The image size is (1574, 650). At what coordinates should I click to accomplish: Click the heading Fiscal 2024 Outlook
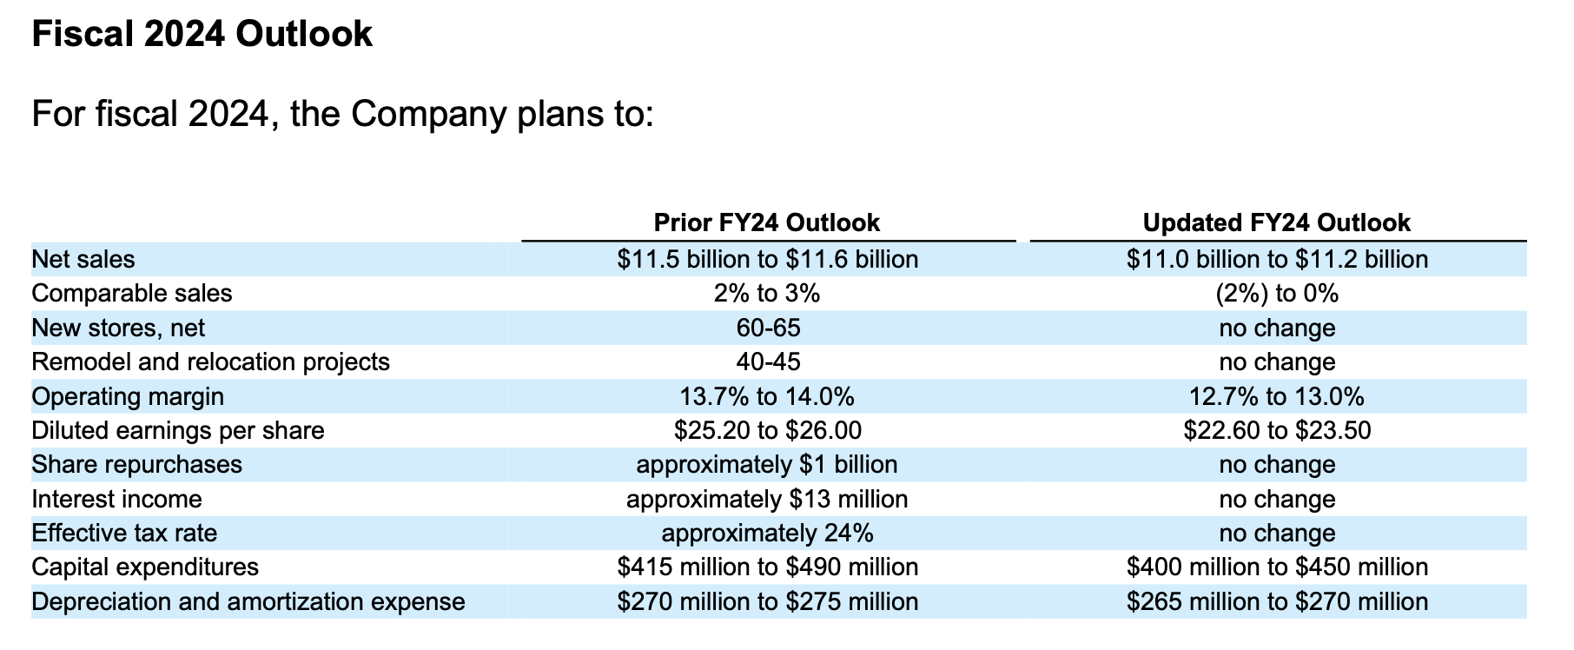202,35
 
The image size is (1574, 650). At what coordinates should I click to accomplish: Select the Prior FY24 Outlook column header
766,223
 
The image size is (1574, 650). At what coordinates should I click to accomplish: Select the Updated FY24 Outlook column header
1276,223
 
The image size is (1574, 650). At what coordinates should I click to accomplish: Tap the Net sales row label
83,259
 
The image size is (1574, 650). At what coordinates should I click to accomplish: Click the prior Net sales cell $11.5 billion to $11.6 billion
767,259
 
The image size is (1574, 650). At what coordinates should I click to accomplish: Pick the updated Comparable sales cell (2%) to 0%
1277,294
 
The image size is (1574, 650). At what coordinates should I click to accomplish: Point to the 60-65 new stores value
767,328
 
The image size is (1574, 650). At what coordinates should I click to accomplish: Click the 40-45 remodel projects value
767,361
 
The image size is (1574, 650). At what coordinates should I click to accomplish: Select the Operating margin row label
128,396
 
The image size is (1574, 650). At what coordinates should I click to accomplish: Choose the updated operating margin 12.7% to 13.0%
1276,396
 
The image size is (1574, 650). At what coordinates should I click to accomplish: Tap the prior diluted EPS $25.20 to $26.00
767,430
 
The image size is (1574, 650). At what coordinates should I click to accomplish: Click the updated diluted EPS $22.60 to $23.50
1277,430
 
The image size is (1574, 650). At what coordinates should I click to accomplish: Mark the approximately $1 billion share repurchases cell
767,464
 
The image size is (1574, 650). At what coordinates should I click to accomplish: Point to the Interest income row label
116,499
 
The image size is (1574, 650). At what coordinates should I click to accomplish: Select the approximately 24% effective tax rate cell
767,533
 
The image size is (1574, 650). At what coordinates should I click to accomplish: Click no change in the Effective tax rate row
1277,533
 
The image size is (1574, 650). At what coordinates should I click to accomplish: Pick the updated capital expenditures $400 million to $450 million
1277,567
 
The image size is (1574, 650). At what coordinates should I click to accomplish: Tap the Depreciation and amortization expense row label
248,601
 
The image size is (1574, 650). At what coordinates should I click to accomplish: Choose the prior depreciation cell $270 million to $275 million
767,601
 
